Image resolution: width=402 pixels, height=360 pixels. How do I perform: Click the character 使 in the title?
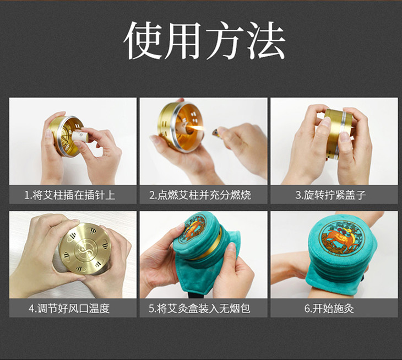click(143, 40)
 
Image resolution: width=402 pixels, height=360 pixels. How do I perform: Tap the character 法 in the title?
click(266, 40)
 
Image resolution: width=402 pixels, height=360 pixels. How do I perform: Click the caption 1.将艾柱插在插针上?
click(70, 195)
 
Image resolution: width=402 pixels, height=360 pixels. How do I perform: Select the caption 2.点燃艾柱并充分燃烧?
click(200, 195)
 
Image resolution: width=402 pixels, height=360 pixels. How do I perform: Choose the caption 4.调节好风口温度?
click(69, 308)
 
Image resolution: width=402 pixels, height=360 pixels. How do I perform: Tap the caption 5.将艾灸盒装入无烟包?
click(199, 308)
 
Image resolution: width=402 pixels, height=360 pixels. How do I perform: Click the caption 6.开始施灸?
click(329, 308)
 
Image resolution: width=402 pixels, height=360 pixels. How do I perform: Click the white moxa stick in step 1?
click(80, 136)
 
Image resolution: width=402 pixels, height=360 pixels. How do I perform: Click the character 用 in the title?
click(184, 40)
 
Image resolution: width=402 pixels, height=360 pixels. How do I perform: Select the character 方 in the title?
click(225, 40)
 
